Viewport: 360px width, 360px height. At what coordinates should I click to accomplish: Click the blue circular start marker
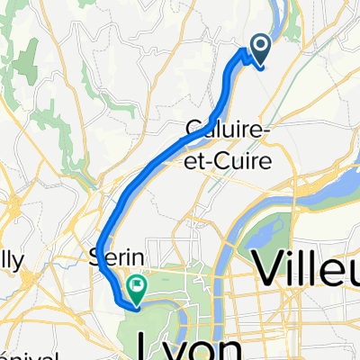pyautogui.click(x=261, y=45)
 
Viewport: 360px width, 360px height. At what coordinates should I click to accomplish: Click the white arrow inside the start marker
pyautogui.click(x=261, y=44)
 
